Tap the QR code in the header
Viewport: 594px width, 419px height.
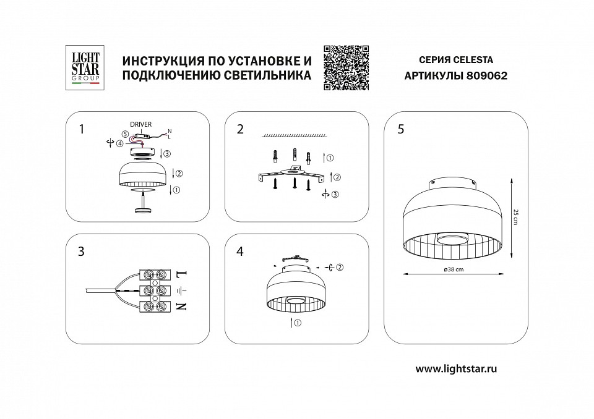coord(346,69)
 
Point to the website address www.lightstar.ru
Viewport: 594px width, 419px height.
coord(457,369)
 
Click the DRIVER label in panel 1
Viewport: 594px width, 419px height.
coord(140,125)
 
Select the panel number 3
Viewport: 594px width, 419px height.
coord(81,252)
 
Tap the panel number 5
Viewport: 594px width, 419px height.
coord(401,129)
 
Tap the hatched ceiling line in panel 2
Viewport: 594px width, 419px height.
coord(293,135)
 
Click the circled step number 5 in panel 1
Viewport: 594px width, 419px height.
coord(124,133)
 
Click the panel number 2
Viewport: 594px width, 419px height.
coord(240,129)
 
